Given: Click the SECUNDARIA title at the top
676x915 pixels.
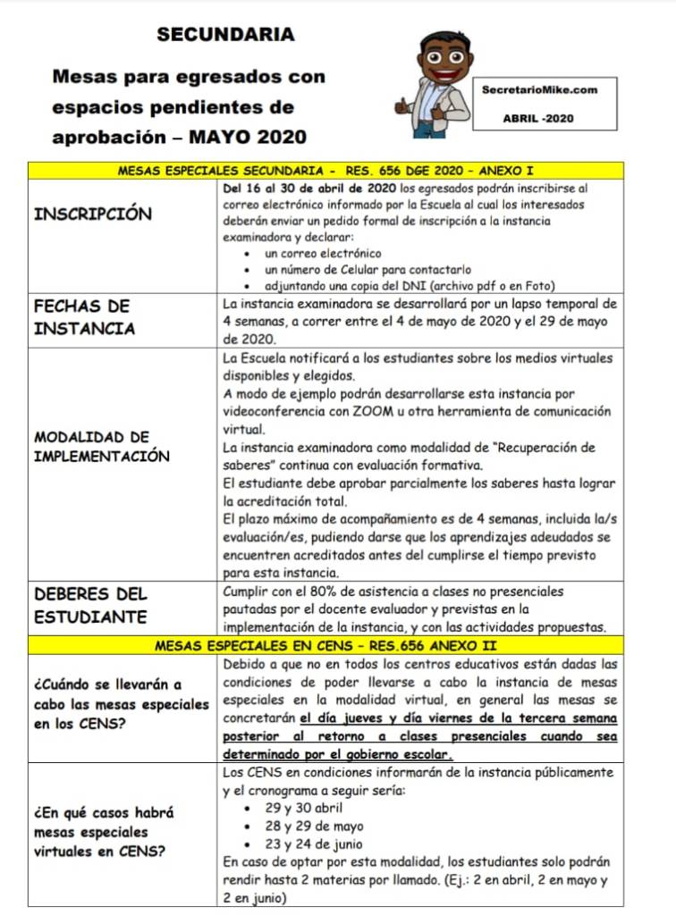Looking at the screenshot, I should pyautogui.click(x=225, y=35).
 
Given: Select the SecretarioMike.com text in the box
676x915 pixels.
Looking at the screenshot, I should pyautogui.click(x=538, y=89).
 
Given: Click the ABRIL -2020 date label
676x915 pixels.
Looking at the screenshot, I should pyautogui.click(x=538, y=118).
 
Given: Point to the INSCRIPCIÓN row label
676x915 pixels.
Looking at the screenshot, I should pyautogui.click(x=93, y=214).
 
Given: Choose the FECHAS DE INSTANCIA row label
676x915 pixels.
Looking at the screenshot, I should pyautogui.click(x=84, y=317).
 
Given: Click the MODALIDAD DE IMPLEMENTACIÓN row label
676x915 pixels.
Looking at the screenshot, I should pyautogui.click(x=101, y=447).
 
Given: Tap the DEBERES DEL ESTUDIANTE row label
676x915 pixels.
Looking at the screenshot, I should pyautogui.click(x=90, y=606).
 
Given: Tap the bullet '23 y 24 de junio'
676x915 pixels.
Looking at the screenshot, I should pyautogui.click(x=314, y=844).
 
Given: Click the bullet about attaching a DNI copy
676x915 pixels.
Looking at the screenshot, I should pyautogui.click(x=410, y=286).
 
